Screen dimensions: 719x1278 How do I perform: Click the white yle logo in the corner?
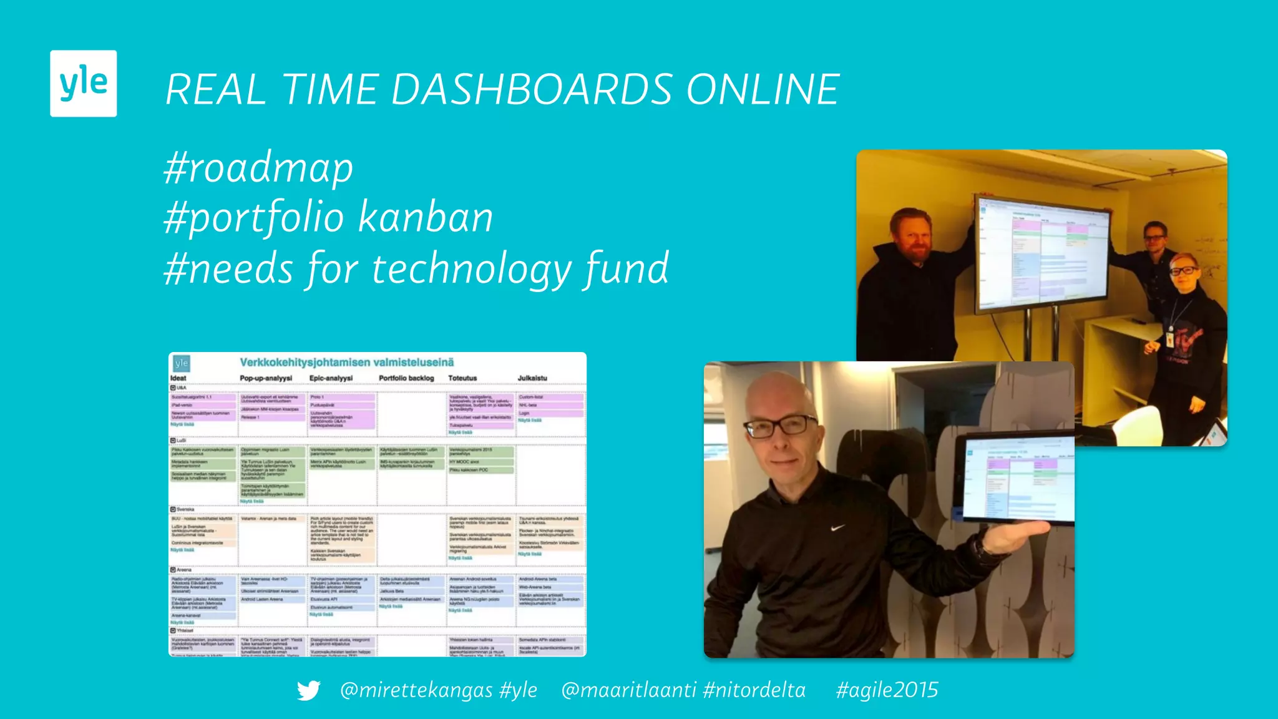[x=83, y=83]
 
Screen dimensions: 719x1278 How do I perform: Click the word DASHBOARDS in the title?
[x=532, y=89]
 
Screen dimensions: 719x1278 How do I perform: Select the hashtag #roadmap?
[x=258, y=168]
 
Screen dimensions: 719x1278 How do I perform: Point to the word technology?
[x=472, y=269]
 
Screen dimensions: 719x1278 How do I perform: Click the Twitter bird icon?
[x=308, y=690]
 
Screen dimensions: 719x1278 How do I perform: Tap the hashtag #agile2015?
[x=887, y=690]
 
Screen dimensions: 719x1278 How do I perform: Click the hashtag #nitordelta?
[x=754, y=690]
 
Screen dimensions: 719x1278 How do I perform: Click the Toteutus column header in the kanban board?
[x=462, y=378]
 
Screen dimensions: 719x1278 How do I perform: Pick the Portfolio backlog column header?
[x=406, y=378]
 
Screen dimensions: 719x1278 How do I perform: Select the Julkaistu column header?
[x=532, y=378]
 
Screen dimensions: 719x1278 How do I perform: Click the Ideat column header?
[x=178, y=378]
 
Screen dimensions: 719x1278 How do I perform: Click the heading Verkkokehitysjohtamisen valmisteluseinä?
[x=347, y=363]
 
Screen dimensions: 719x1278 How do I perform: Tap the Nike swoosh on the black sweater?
[x=837, y=528]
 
